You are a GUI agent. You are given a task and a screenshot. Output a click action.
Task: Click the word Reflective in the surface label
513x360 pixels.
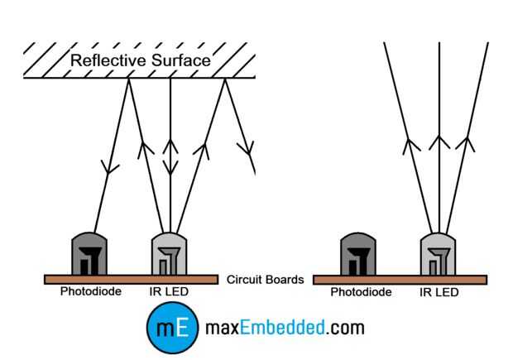pyautogui.click(x=108, y=60)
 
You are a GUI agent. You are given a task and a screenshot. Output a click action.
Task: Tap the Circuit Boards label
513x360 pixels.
pyautogui.click(x=266, y=280)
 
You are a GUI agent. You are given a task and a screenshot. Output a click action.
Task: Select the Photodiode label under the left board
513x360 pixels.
pyautogui.click(x=91, y=291)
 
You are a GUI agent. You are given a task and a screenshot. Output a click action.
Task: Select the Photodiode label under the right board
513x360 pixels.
pyautogui.click(x=361, y=292)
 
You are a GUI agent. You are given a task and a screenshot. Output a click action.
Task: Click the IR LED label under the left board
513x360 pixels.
pyautogui.click(x=169, y=291)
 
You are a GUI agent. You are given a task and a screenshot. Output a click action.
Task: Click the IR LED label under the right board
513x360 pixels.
pyautogui.click(x=439, y=292)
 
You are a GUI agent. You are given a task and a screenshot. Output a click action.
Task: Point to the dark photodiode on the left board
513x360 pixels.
pyautogui.click(x=89, y=254)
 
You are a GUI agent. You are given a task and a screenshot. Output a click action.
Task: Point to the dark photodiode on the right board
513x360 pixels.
pyautogui.click(x=358, y=254)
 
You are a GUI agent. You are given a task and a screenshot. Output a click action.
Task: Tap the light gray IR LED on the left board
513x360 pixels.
pyautogui.click(x=169, y=254)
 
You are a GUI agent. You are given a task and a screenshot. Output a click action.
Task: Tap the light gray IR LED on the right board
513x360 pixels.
pyautogui.click(x=438, y=254)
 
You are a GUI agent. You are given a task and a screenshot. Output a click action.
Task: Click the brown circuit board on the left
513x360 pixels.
pyautogui.click(x=132, y=280)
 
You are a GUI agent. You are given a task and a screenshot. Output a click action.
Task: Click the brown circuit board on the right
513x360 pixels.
pyautogui.click(x=400, y=281)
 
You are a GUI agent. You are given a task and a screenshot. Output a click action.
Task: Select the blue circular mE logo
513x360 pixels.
pyautogui.click(x=173, y=328)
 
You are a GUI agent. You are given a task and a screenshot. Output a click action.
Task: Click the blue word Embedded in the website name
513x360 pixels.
pyautogui.click(x=282, y=328)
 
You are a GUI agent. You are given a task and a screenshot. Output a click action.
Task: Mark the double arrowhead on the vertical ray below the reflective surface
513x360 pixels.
pyautogui.click(x=170, y=157)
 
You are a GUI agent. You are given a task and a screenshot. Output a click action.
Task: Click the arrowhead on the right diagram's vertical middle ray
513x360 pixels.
pyautogui.click(x=439, y=142)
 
